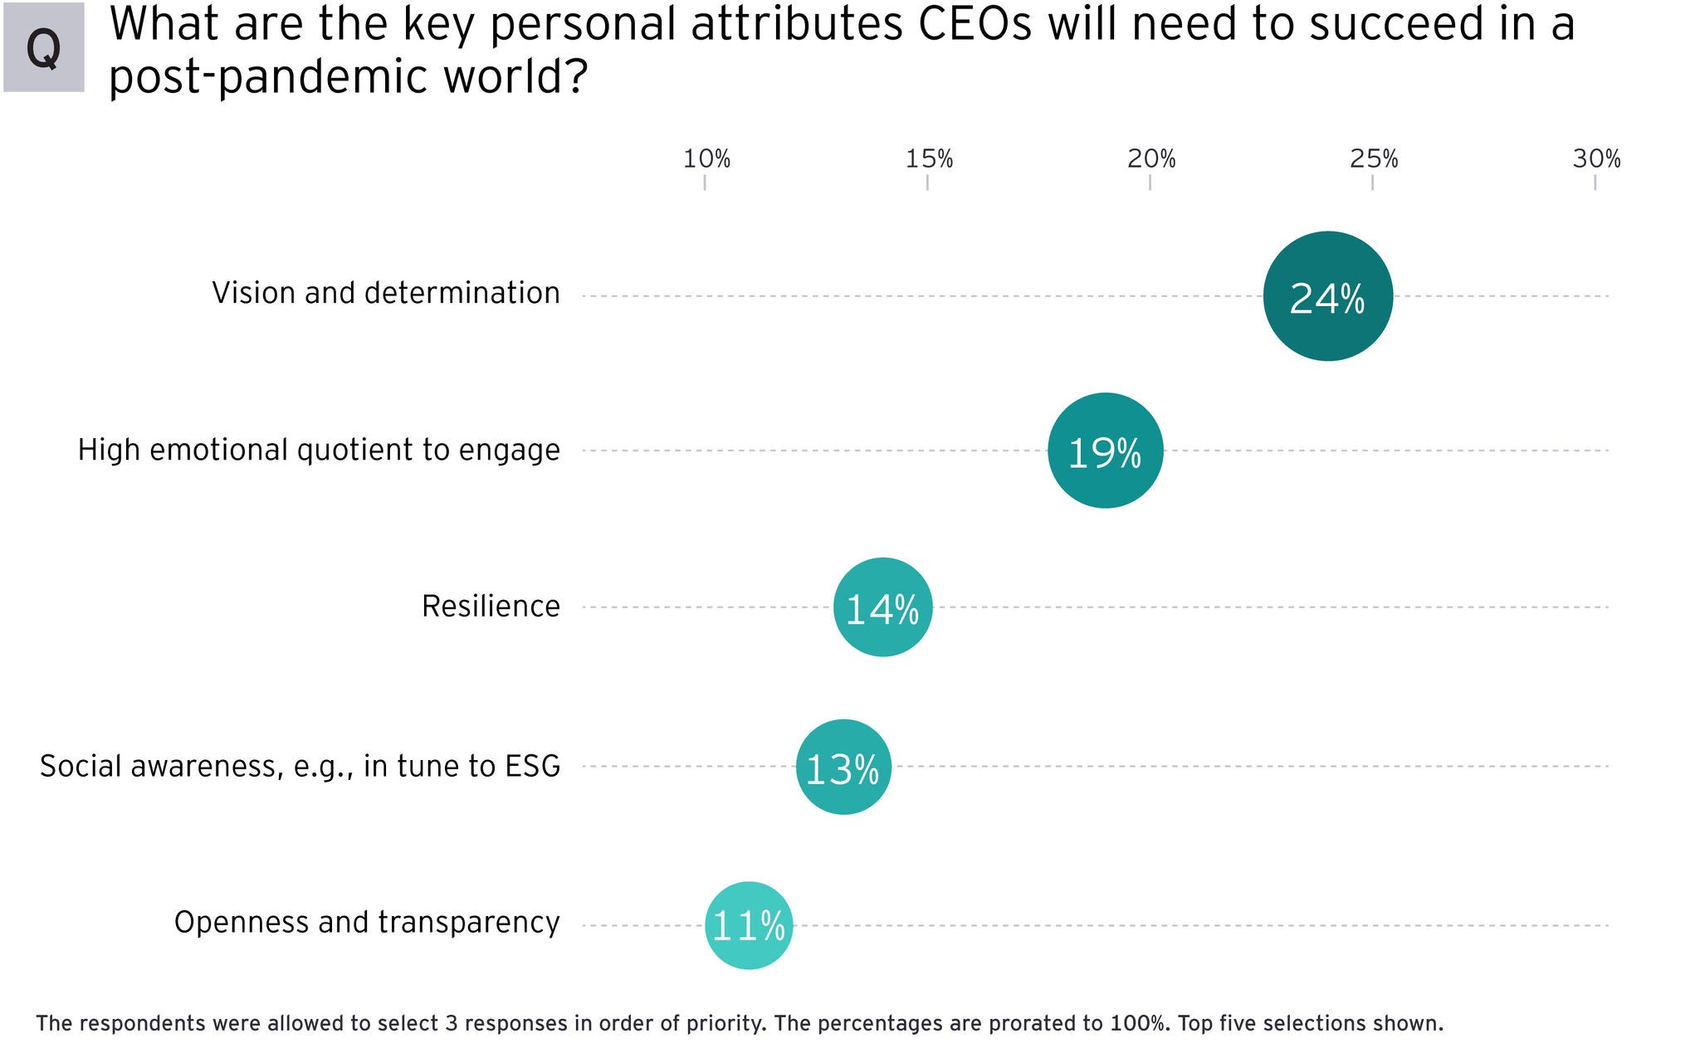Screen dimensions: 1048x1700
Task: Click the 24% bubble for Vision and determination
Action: click(1327, 296)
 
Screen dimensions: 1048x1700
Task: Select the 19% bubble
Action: click(1105, 451)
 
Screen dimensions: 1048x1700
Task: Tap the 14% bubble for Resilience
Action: click(882, 607)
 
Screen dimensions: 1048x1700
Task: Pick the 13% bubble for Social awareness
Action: click(843, 767)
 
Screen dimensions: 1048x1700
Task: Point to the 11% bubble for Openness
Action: click(749, 925)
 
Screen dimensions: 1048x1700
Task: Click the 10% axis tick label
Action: click(706, 158)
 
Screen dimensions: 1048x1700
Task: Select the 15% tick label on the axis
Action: click(929, 158)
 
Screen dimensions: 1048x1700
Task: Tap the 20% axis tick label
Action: click(1151, 158)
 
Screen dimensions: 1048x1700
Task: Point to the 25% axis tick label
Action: click(1374, 158)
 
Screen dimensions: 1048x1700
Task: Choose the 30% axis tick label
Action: click(1596, 158)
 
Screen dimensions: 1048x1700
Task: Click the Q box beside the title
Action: click(43, 47)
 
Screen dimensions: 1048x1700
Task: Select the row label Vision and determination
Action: click(386, 293)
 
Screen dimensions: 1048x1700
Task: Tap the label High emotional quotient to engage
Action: click(319, 450)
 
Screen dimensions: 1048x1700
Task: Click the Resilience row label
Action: click(491, 607)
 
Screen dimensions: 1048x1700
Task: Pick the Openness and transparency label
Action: click(367, 922)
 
